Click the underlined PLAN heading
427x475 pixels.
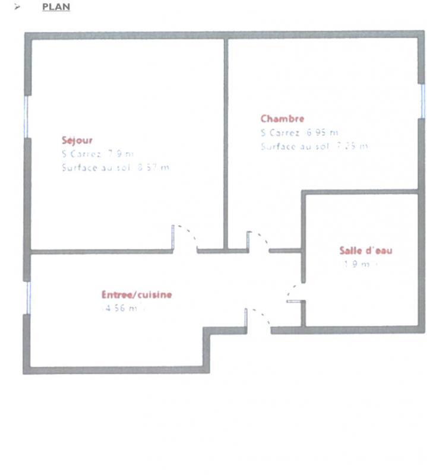coord(56,7)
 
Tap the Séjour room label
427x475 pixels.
coord(77,141)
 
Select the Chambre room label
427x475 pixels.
coord(282,119)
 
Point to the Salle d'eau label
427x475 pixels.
coord(365,251)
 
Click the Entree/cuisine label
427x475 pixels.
coord(137,294)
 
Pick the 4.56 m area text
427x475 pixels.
coord(122,308)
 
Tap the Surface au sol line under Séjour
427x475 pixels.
coord(115,167)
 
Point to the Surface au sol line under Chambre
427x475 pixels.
coord(314,146)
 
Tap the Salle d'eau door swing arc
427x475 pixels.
coord(291,292)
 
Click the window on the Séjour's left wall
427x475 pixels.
coord(26,116)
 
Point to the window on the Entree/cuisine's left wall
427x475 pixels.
coord(27,297)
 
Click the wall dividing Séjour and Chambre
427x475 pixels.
coord(226,142)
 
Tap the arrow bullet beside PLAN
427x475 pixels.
coord(18,7)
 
